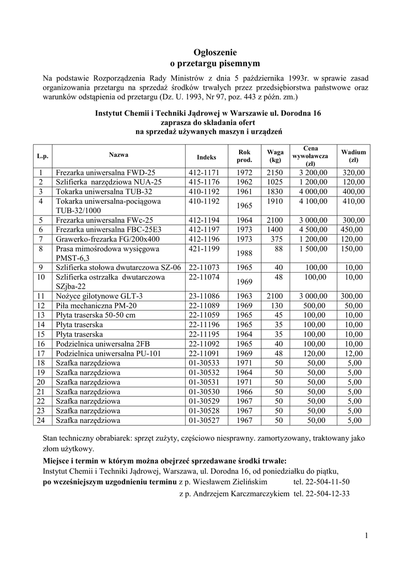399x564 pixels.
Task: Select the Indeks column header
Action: pyautogui.click(x=207, y=157)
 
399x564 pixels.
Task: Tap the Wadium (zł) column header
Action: pyautogui.click(x=353, y=155)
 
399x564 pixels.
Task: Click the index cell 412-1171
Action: pyautogui.click(x=204, y=173)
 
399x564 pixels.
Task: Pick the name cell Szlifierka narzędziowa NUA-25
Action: pyautogui.click(x=109, y=182)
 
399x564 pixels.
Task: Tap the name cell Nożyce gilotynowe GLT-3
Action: pyautogui.click(x=99, y=296)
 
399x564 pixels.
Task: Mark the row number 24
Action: pyautogui.click(x=41, y=421)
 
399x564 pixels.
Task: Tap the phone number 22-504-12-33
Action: pyautogui.click(x=321, y=494)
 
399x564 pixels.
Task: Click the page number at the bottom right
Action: pyautogui.click(x=366, y=535)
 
